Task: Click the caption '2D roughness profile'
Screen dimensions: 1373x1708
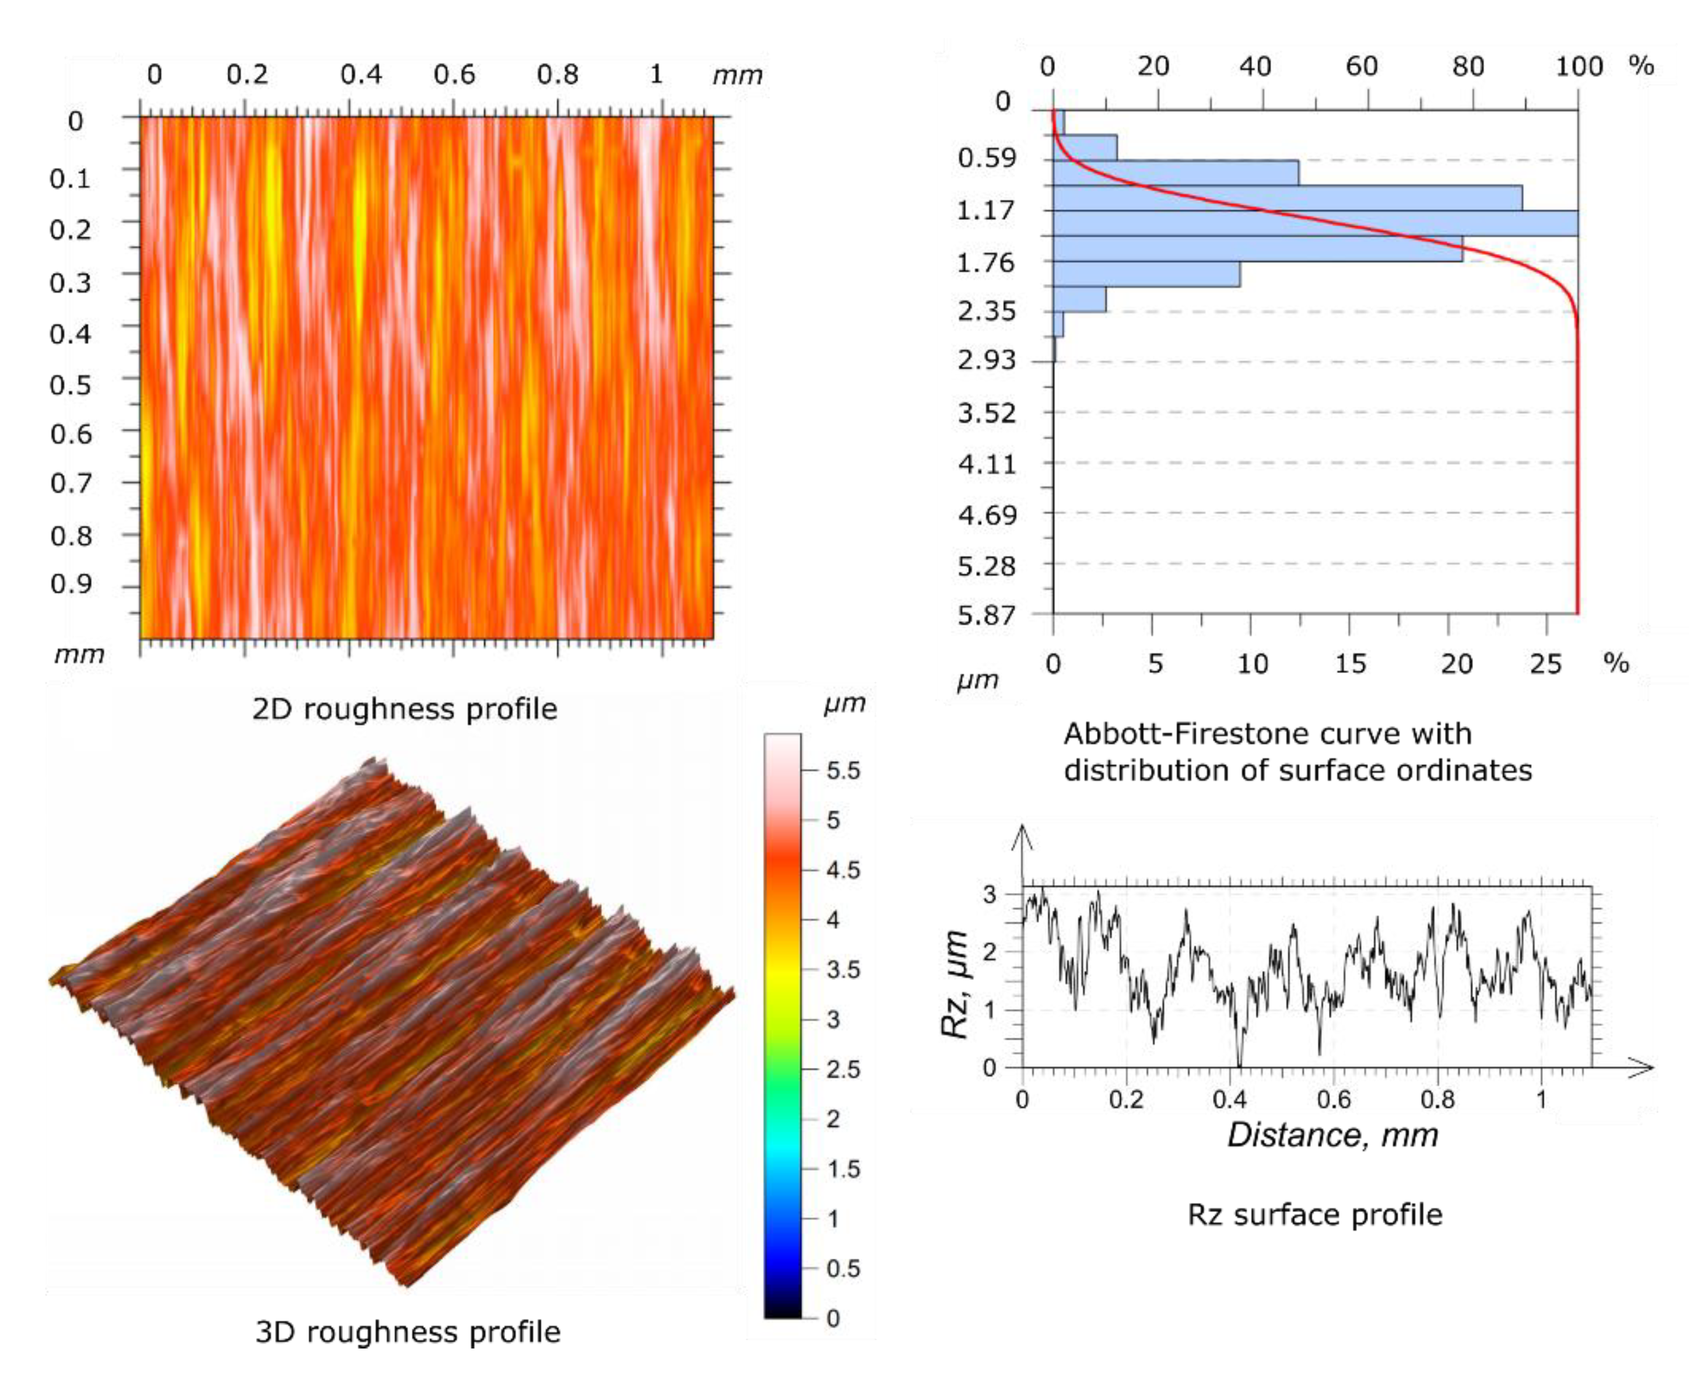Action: click(x=404, y=708)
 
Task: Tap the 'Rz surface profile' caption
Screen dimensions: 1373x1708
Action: click(x=1314, y=1214)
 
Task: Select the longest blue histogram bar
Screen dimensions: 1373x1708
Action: click(x=1315, y=223)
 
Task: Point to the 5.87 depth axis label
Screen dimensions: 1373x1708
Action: click(x=985, y=615)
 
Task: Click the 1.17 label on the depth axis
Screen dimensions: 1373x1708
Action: click(x=985, y=211)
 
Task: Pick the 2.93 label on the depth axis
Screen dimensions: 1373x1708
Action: click(x=985, y=360)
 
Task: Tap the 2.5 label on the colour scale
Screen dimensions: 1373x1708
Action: click(x=842, y=1070)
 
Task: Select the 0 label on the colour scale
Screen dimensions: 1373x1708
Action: click(x=833, y=1318)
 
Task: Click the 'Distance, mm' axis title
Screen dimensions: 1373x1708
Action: click(x=1332, y=1135)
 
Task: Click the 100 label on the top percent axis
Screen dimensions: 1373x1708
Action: click(x=1578, y=66)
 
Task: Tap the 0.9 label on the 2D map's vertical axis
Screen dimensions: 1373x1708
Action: click(x=71, y=584)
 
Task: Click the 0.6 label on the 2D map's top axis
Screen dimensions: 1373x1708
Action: click(x=454, y=75)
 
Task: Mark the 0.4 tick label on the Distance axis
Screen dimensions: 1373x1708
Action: click(x=1229, y=1099)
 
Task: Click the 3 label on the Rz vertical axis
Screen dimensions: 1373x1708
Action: click(x=990, y=895)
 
